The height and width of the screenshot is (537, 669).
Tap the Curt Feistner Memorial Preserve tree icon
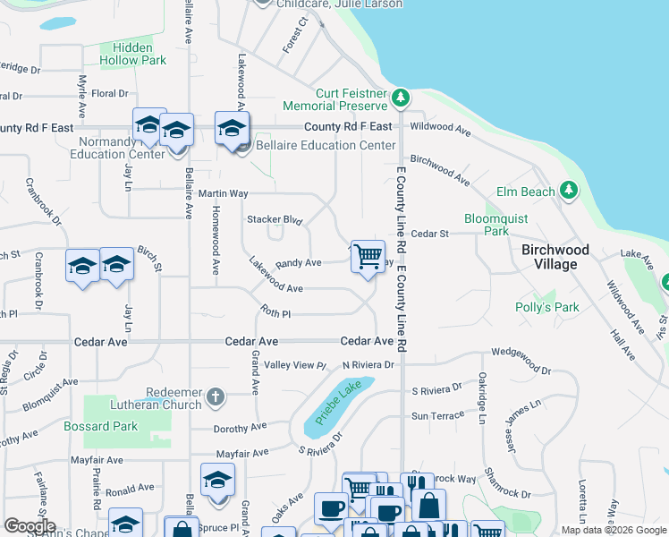[402, 97]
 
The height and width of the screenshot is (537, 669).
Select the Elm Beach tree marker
[567, 191]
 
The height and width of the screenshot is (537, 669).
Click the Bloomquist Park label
[495, 225]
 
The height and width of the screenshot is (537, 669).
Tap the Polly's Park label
[547, 307]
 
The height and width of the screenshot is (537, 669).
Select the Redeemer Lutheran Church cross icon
[215, 396]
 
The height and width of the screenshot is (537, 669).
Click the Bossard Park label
[100, 426]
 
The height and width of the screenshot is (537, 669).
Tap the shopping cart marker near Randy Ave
[368, 256]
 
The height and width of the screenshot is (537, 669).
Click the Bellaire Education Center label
[326, 145]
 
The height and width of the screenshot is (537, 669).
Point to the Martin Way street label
[223, 193]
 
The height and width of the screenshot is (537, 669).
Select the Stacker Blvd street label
[275, 219]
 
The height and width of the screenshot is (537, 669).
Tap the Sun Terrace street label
[437, 415]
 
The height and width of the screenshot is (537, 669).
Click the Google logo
[30, 525]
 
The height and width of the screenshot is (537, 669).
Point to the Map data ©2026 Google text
[613, 530]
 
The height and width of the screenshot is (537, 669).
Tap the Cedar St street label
[429, 234]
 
